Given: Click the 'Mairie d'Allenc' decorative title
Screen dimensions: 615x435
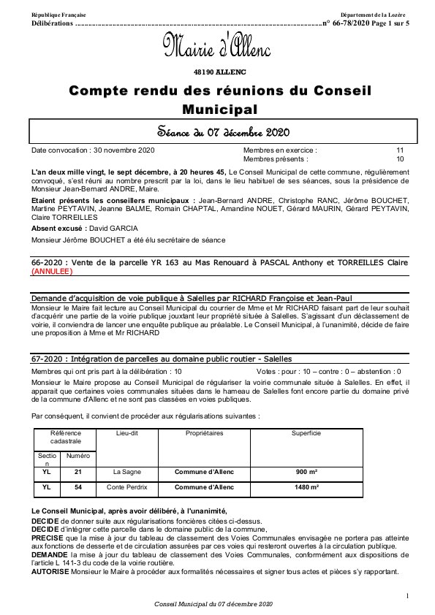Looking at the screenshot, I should (217, 47).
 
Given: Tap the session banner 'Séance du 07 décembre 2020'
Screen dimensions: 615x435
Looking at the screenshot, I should (217, 132).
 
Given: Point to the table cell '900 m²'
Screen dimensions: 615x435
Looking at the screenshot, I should (306, 472).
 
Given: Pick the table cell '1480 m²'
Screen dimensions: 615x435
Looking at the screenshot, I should (306, 486).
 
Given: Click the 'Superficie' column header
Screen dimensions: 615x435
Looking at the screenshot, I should (306, 433).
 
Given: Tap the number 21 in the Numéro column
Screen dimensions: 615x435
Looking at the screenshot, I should (78, 472).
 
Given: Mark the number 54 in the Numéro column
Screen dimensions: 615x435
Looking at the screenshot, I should (78, 486).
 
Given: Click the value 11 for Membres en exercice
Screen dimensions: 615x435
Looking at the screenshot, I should (400, 150).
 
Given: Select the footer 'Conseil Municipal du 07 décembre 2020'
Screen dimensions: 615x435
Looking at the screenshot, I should (213, 605).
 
